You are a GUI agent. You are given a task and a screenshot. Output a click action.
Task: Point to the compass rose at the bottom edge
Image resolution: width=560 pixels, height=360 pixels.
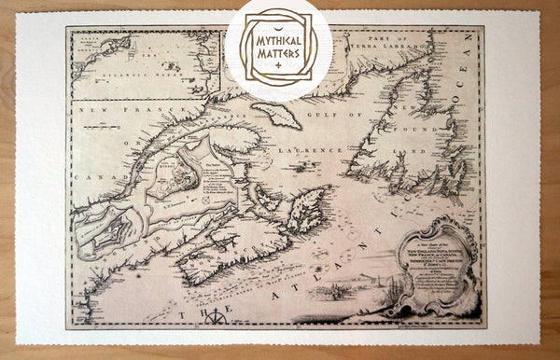click(x=216, y=317)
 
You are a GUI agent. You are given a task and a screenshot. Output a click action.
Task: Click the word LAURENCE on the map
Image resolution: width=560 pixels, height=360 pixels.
click(x=329, y=149)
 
